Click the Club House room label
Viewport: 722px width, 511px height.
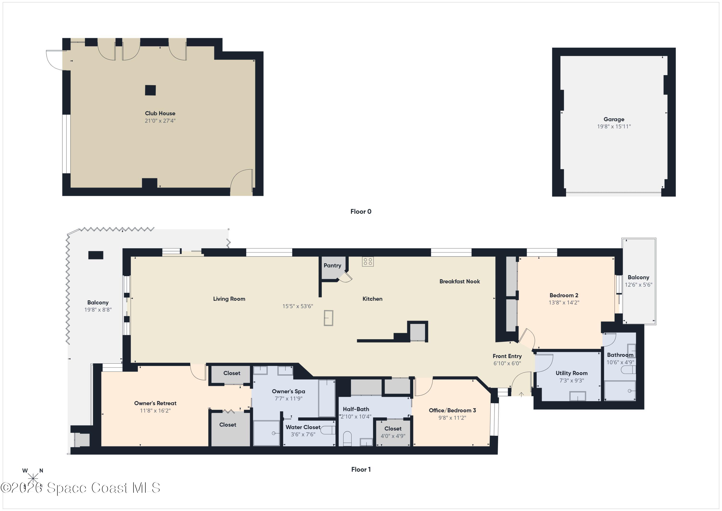(160, 113)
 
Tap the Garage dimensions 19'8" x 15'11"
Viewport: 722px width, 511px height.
(614, 126)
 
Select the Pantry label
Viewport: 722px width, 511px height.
(332, 265)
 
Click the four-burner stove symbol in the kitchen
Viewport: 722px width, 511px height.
(367, 262)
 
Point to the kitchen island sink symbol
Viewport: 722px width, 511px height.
(328, 318)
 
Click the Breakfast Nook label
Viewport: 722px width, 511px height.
(459, 281)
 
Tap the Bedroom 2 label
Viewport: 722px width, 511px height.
(564, 295)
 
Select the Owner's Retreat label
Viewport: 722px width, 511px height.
(155, 403)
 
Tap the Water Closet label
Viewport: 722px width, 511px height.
(303, 427)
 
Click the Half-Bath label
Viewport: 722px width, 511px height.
(356, 409)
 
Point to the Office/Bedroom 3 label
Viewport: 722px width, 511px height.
(452, 410)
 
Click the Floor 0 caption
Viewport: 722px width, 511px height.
(361, 211)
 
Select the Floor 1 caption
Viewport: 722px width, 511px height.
(361, 470)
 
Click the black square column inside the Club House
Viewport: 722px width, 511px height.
(150, 90)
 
